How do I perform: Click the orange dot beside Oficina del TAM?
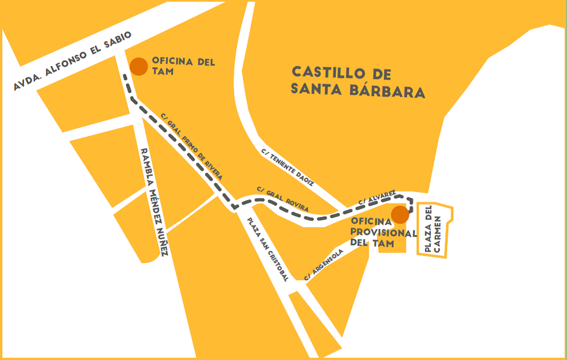point(139,66)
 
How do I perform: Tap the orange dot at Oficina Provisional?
point(400,215)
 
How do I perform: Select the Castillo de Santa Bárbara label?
point(357,82)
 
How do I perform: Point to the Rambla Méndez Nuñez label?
point(155,202)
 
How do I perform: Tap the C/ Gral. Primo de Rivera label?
point(191,146)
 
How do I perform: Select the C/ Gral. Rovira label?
point(282,198)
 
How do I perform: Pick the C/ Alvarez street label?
point(377,197)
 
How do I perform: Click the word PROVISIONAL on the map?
point(380,232)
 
